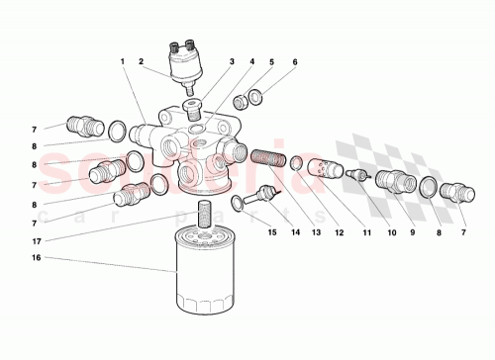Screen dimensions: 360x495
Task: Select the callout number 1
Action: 124,62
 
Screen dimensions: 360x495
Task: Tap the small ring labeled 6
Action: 255,97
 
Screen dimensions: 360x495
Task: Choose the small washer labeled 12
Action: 295,162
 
